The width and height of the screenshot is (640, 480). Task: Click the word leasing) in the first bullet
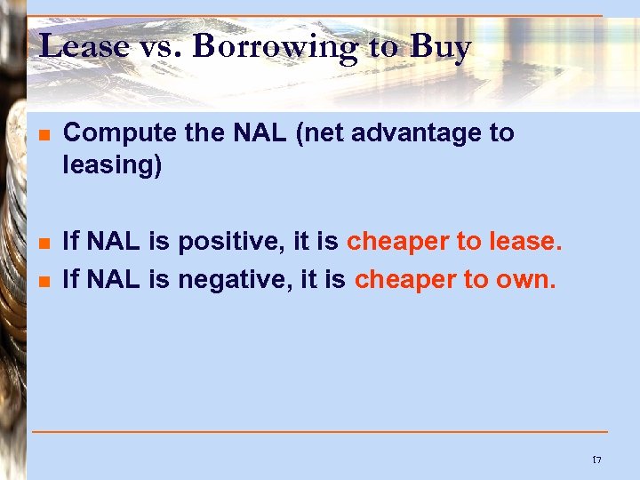(112, 165)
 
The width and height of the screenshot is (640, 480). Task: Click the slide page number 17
(596, 460)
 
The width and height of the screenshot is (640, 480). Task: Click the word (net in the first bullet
(310, 133)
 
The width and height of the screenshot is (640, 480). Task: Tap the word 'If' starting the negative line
(71, 281)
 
